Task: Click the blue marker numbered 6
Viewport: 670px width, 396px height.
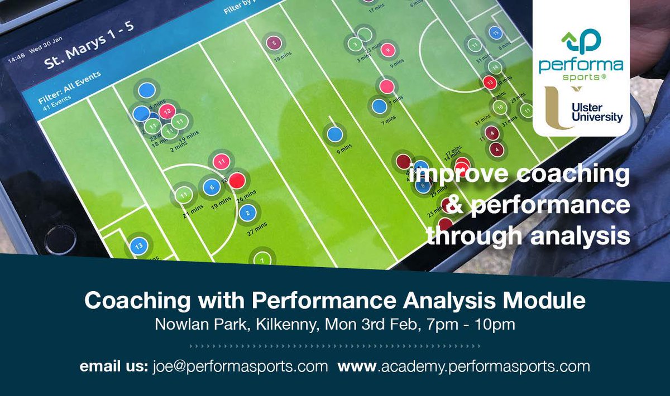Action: click(210, 187)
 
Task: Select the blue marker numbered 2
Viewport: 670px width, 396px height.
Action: click(247, 213)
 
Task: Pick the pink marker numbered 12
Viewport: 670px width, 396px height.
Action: click(166, 111)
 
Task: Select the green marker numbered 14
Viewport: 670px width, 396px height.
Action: click(495, 67)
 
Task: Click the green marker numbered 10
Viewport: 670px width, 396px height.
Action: click(500, 107)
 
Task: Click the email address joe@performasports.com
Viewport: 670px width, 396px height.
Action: click(240, 366)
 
